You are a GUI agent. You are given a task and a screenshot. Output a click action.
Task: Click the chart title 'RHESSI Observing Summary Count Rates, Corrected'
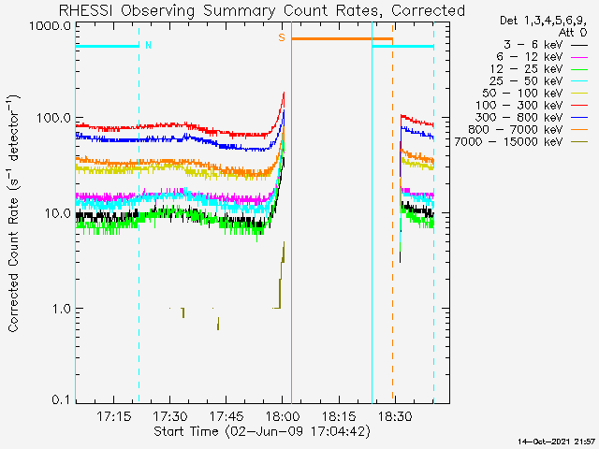point(261,10)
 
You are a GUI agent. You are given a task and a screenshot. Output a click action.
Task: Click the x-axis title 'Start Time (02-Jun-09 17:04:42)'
point(261,431)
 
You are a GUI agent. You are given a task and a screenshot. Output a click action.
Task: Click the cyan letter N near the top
point(148,44)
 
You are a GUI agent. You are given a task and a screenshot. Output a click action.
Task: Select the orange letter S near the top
point(281,38)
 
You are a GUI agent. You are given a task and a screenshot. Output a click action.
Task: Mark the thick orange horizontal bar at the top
point(342,39)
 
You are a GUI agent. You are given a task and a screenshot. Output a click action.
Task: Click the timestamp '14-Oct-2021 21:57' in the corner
point(557,441)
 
